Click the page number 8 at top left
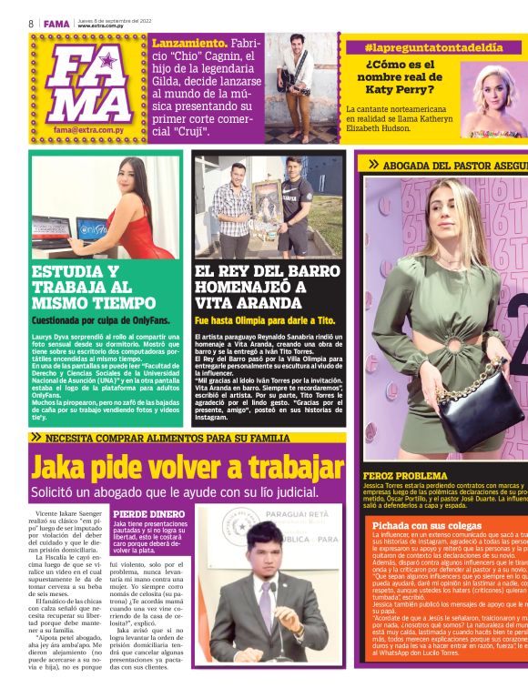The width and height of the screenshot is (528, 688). (x=30, y=23)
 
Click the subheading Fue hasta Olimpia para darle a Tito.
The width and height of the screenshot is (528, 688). (x=265, y=320)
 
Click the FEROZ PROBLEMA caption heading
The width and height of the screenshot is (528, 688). (x=404, y=476)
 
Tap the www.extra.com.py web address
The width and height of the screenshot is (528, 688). (x=101, y=25)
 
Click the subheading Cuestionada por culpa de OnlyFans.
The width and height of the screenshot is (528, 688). (x=100, y=320)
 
